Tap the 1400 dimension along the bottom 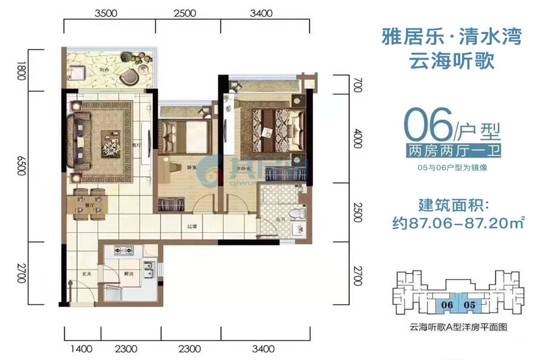83,348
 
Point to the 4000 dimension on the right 358,142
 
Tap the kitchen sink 148,269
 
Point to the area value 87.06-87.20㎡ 454,223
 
